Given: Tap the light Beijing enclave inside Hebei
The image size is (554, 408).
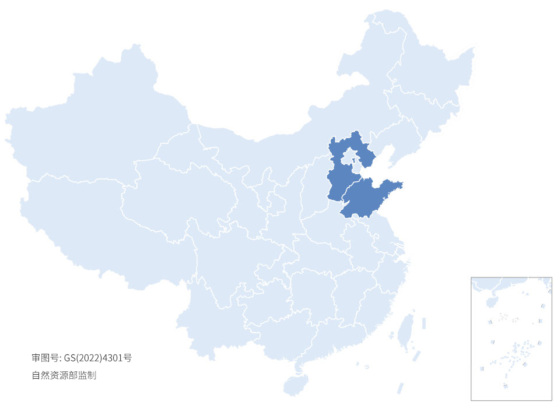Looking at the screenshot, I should click(x=348, y=157).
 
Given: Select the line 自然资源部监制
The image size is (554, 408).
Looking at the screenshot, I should click(x=64, y=375).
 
